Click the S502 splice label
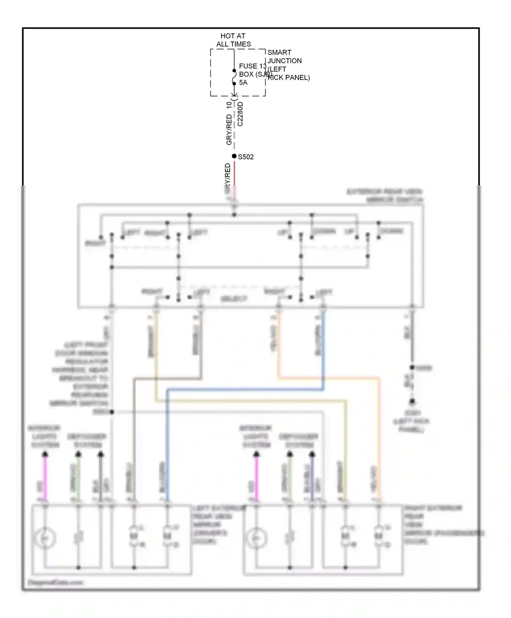246,157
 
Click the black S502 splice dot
234,156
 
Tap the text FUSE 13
252,66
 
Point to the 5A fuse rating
243,82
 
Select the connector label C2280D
241,114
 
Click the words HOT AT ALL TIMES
233,40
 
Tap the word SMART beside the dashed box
279,52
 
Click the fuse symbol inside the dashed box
234,77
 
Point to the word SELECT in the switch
234,299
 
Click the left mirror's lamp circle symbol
45,538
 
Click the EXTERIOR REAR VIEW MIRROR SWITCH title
385,196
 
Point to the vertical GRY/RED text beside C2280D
229,129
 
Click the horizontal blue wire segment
245,389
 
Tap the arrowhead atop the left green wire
78,454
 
